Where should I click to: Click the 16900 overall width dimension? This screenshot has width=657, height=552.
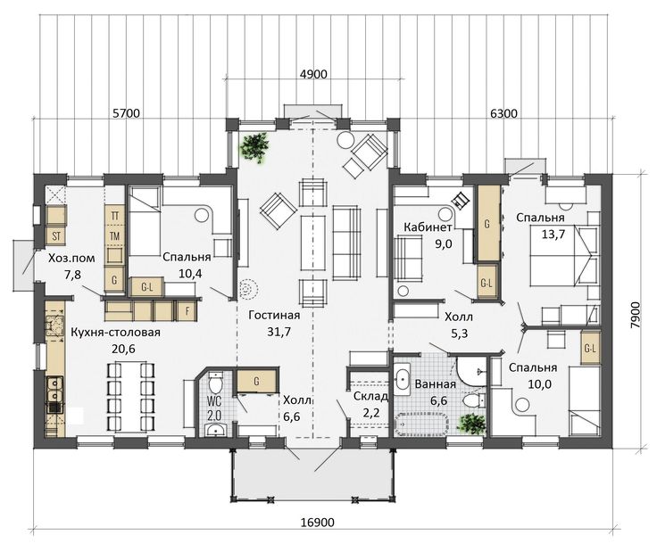tap(318, 523)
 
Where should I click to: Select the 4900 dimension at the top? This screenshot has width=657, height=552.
tap(313, 74)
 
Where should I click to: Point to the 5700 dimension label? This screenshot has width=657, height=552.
tap(126, 113)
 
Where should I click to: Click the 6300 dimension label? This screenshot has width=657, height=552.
tap(503, 113)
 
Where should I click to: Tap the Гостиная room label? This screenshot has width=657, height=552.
tap(274, 315)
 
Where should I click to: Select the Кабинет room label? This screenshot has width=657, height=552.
tap(428, 227)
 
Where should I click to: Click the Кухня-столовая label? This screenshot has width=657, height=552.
tap(116, 333)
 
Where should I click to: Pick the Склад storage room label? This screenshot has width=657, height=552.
tap(370, 396)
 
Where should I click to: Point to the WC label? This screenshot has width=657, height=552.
tap(214, 401)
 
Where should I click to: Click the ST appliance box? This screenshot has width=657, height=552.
tap(56, 236)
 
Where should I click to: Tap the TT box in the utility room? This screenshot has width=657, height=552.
tap(114, 216)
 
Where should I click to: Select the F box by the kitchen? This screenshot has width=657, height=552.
tap(187, 311)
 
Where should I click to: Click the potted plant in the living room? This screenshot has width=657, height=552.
tap(254, 147)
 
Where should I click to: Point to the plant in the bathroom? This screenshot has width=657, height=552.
tap(472, 424)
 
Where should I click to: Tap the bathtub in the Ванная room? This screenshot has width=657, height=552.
tap(421, 424)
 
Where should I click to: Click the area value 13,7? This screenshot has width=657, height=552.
tap(553, 235)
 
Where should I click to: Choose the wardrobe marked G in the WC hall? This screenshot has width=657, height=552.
tap(256, 381)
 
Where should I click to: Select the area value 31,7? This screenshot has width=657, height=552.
tap(279, 332)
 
